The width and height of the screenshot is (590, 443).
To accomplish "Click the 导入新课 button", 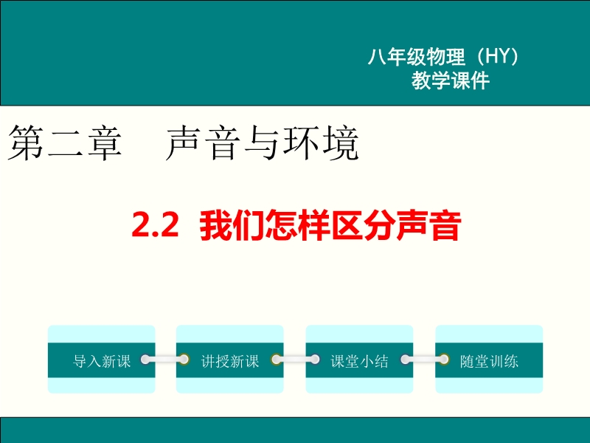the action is [102, 360].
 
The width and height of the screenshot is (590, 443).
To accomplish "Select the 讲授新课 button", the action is [230, 360].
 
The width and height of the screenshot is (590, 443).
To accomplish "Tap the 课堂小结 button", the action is [359, 360].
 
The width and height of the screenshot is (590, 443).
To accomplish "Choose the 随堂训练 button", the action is [489, 360].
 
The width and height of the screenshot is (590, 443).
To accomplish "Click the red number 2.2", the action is [155, 225].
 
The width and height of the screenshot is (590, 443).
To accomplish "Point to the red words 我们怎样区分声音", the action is [330, 225].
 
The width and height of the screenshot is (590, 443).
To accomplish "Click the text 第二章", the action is [65, 143].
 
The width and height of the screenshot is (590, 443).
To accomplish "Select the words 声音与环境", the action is [262, 143].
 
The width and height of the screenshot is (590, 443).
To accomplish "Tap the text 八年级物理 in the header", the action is [417, 57].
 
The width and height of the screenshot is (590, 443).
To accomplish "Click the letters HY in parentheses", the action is [497, 57].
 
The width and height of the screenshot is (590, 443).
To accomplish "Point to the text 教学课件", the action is [451, 80].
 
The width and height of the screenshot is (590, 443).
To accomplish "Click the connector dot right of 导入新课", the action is [145, 360].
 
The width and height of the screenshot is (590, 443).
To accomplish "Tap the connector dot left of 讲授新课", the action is [184, 360].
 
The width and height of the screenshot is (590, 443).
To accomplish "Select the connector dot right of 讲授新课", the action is [276, 360].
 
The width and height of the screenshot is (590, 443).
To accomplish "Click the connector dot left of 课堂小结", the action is [314, 360].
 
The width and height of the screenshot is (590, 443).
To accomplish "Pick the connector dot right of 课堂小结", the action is [406, 360].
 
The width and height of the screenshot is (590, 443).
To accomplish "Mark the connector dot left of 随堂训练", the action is [444, 360].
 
